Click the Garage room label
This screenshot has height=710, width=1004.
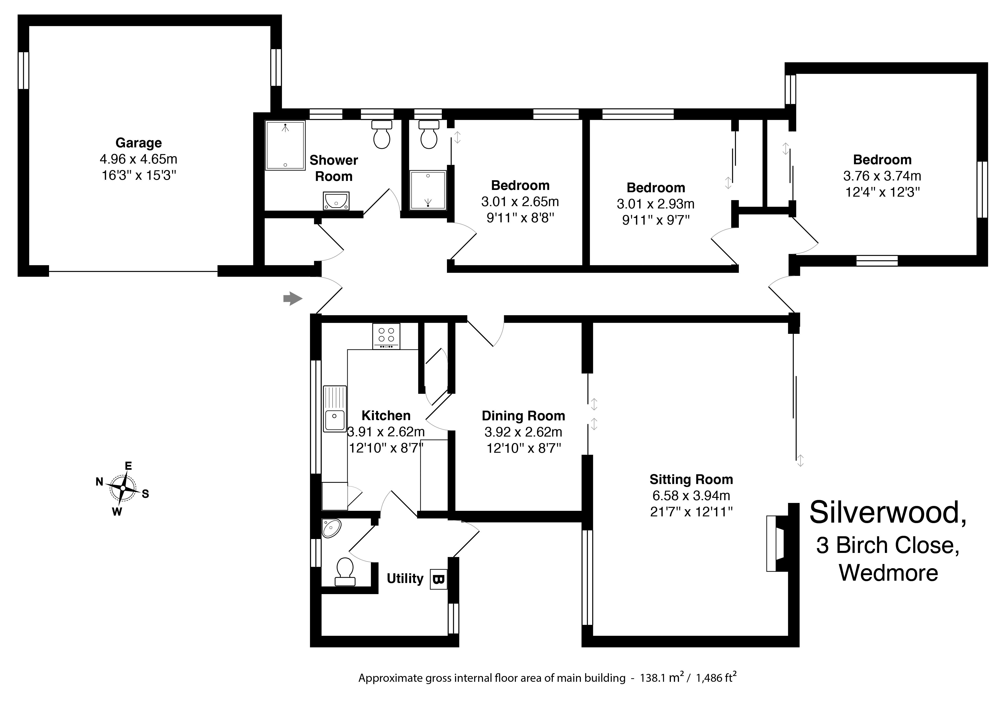click(x=139, y=143)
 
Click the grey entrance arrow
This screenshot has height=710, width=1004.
click(x=293, y=299)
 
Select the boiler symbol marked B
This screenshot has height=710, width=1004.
click(x=439, y=579)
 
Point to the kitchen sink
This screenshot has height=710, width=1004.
click(x=335, y=409)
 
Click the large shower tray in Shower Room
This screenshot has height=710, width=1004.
click(x=285, y=145)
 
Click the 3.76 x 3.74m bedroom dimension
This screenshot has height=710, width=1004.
click(x=882, y=176)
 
